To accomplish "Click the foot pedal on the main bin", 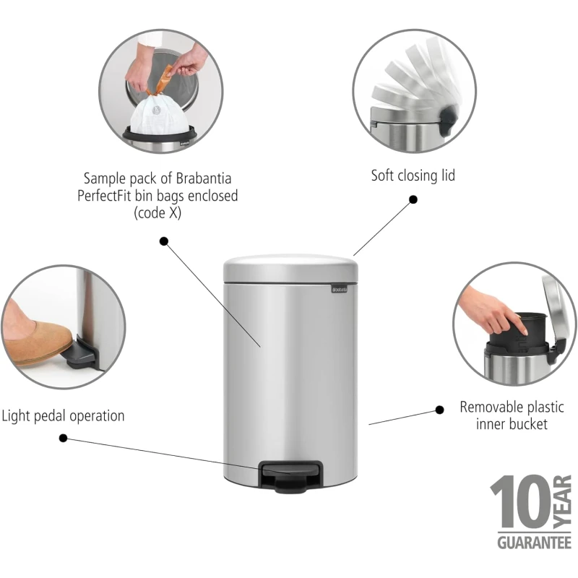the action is pos(291,475).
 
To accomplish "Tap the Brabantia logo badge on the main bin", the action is pos(339,289).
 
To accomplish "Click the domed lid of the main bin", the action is pos(290,268).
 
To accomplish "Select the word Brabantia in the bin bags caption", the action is pos(204,178).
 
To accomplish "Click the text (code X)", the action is pos(158,213).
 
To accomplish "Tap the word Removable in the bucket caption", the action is pos(486,407).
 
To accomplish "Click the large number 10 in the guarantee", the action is pos(520,502).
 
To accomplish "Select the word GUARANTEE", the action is pos(534,543).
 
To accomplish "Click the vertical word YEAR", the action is pos(563,502).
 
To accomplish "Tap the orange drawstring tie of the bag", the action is pos(161,80).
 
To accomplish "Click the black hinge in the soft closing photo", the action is pos(448,120).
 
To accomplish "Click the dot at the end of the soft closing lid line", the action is pos(413,199).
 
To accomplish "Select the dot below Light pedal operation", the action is pos(63,438).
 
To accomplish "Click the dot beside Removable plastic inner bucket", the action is pos(439,410).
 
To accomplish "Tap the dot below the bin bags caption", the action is pos(164,241).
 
